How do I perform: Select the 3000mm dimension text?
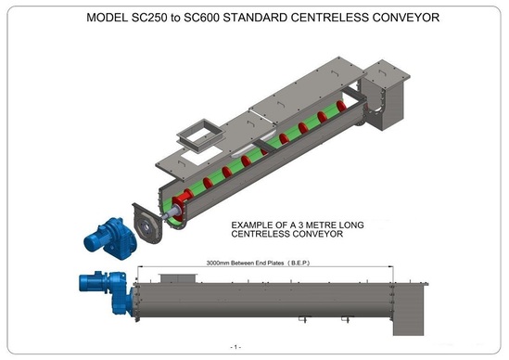tap(210, 262)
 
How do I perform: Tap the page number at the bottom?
tap(236, 346)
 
